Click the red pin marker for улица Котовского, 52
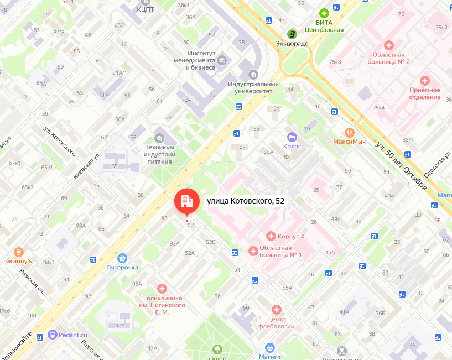(186, 201)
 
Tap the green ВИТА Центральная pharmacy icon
(324, 13)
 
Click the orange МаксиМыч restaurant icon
(349, 132)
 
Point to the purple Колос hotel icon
(292, 137)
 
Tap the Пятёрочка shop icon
(122, 258)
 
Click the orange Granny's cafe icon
(19, 252)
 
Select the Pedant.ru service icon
(53, 334)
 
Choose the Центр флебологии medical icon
(276, 309)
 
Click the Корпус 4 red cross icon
(271, 236)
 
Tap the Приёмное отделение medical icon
(424, 81)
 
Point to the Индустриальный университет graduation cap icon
(253, 74)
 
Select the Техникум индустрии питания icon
(159, 138)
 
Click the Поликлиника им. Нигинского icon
(162, 288)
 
